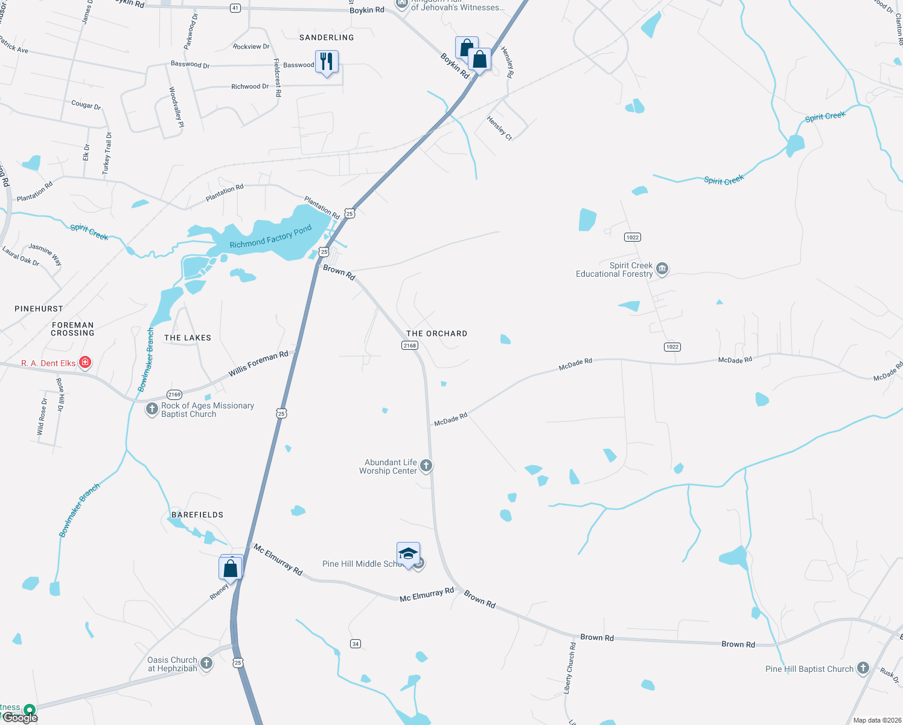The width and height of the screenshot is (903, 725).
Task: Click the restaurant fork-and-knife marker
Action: click(x=327, y=62)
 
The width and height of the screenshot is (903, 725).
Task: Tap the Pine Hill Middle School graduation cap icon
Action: click(x=408, y=554)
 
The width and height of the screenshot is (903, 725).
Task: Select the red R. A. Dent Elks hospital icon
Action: click(x=85, y=362)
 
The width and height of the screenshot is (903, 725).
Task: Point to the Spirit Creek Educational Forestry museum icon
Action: click(x=662, y=268)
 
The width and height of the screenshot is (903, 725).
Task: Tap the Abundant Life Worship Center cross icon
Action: click(x=426, y=465)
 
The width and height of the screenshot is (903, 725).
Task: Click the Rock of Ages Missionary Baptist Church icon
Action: click(x=152, y=409)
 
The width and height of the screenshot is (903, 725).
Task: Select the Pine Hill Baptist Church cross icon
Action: click(x=863, y=668)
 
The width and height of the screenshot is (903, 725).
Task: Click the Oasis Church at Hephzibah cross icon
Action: click(x=206, y=663)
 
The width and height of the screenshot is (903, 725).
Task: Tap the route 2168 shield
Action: click(x=410, y=346)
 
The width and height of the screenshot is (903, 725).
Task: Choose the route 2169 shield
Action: click(x=174, y=395)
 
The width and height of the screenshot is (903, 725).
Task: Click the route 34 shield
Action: click(x=356, y=643)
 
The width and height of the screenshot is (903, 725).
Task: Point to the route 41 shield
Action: click(x=235, y=8)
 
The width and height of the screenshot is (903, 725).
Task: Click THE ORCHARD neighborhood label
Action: click(x=436, y=333)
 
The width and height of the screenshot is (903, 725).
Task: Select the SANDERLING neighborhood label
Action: click(x=327, y=37)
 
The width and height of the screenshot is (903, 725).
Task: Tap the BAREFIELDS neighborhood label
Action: click(x=197, y=515)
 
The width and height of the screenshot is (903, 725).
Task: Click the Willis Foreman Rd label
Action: click(x=258, y=364)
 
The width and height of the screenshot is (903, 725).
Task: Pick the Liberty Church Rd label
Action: click(x=570, y=668)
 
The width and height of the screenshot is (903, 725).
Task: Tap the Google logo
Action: click(x=21, y=718)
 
